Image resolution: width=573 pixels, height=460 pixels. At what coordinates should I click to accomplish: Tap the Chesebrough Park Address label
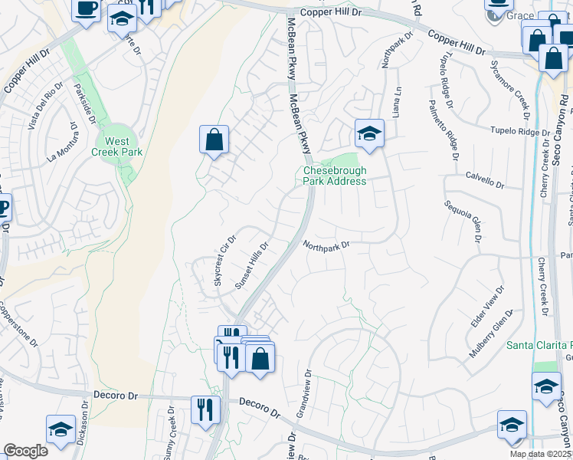coord(334,176)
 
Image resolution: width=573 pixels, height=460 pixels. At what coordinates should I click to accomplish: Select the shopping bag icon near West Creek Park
coord(214,140)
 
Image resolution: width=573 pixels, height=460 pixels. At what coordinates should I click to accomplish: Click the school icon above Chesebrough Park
coord(368,133)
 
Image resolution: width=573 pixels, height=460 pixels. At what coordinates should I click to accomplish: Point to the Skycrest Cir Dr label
coord(224,261)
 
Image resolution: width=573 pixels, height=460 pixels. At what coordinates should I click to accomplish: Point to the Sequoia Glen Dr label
coord(463,222)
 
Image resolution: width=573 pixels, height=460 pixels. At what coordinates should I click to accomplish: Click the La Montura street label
coord(63,146)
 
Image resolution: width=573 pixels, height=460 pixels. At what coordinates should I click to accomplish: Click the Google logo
coord(25,451)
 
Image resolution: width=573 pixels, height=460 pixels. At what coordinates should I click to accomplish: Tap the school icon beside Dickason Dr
coord(61,430)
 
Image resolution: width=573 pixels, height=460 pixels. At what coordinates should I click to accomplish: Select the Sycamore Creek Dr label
coord(511,85)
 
